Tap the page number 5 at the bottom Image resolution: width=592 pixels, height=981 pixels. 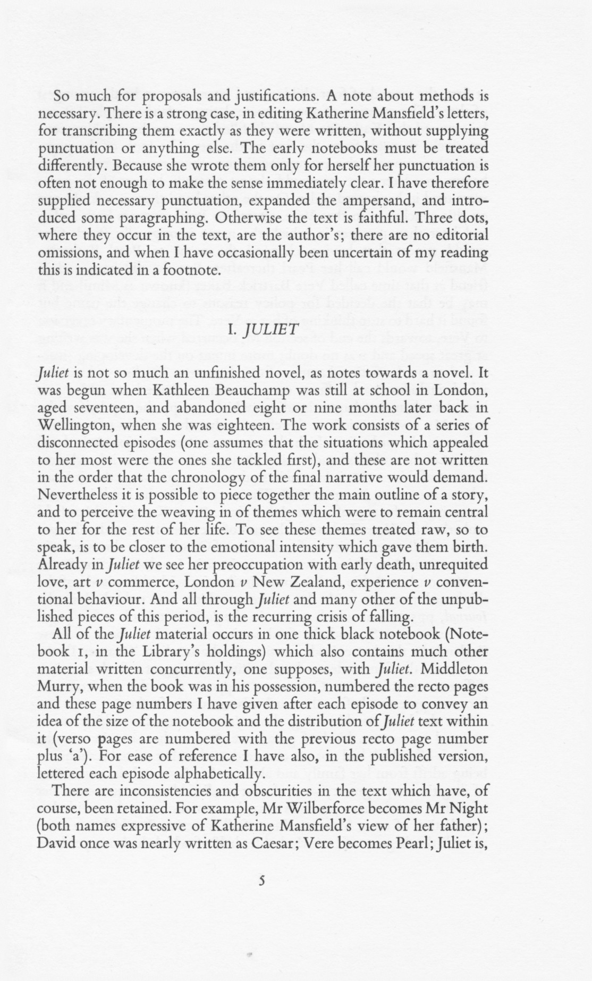(x=261, y=881)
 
